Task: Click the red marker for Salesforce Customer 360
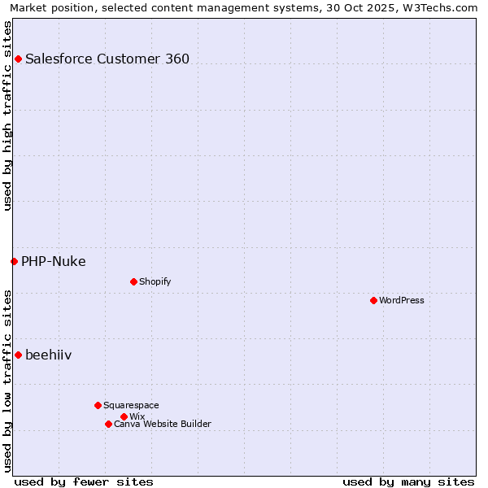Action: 18,59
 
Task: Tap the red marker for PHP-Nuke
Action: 14,261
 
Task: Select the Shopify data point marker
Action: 133,281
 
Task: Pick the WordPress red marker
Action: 373,300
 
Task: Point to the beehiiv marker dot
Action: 18,355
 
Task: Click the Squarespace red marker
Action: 98,405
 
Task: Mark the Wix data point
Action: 124,416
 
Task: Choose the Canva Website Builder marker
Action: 108,424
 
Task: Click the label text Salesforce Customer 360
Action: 107,59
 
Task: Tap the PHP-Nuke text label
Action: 54,261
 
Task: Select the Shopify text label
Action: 155,281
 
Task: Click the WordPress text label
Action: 402,300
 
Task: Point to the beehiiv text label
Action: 49,355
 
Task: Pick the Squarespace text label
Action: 132,405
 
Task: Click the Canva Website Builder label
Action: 163,424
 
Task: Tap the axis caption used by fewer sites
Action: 84,481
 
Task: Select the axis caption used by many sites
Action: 408,481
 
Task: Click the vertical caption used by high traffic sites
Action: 8,115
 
